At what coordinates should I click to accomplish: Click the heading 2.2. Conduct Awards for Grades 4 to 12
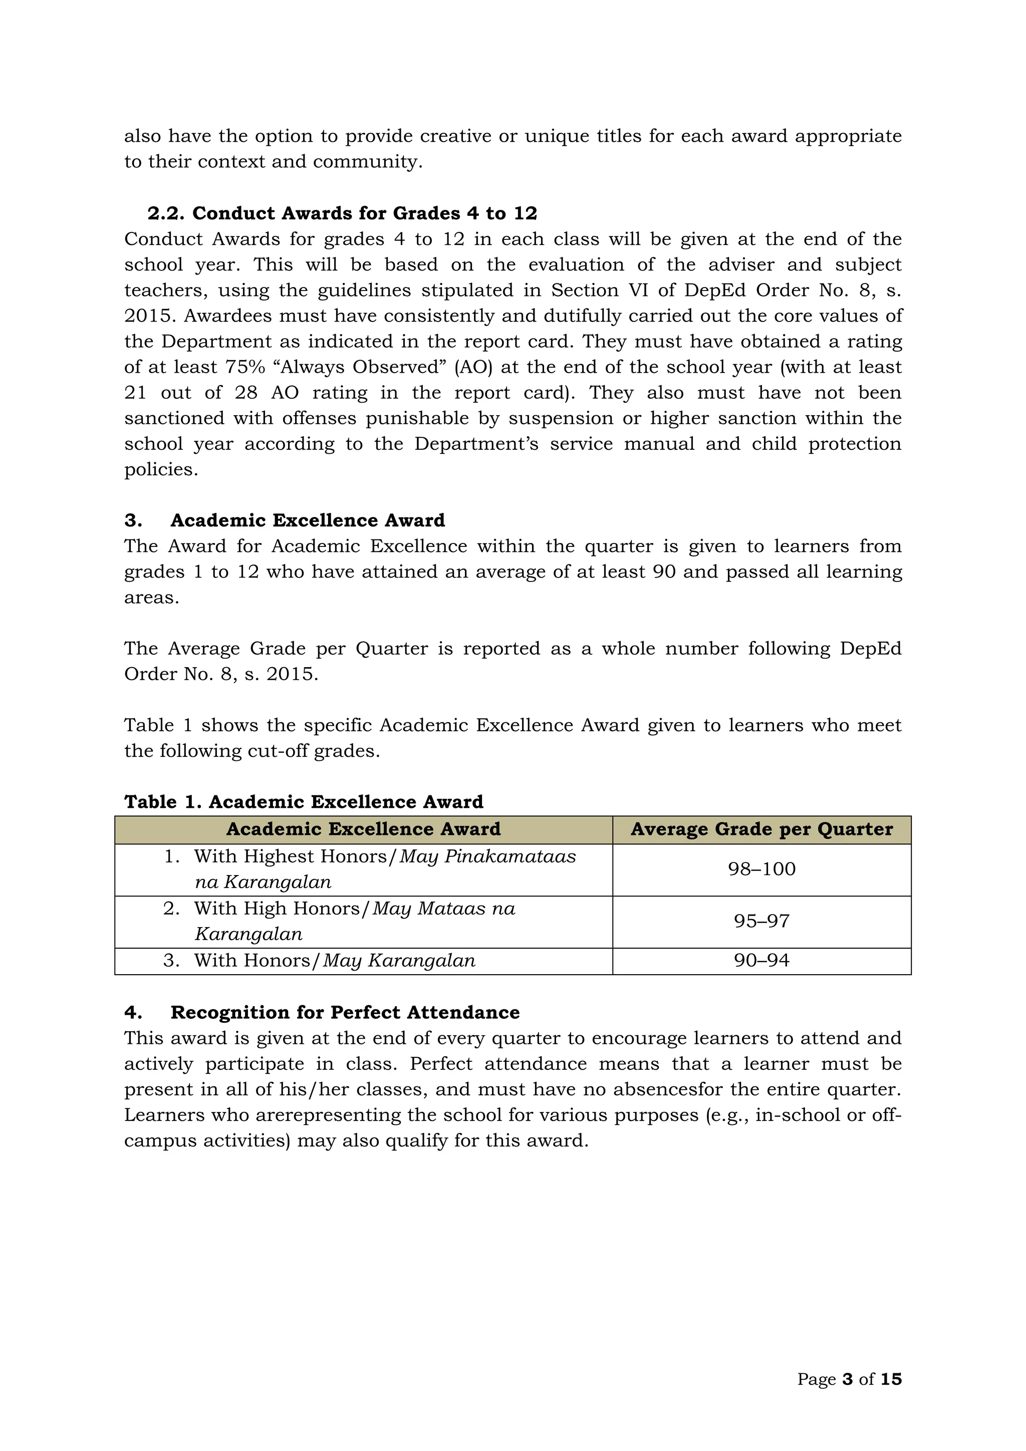click(x=342, y=213)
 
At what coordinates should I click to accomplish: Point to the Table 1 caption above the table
click(x=304, y=802)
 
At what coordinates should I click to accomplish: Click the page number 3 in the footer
click(x=848, y=1379)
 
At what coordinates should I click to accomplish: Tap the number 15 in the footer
click(x=891, y=1379)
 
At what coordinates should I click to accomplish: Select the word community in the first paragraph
click(x=366, y=162)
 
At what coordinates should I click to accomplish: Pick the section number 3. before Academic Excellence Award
click(x=133, y=521)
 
